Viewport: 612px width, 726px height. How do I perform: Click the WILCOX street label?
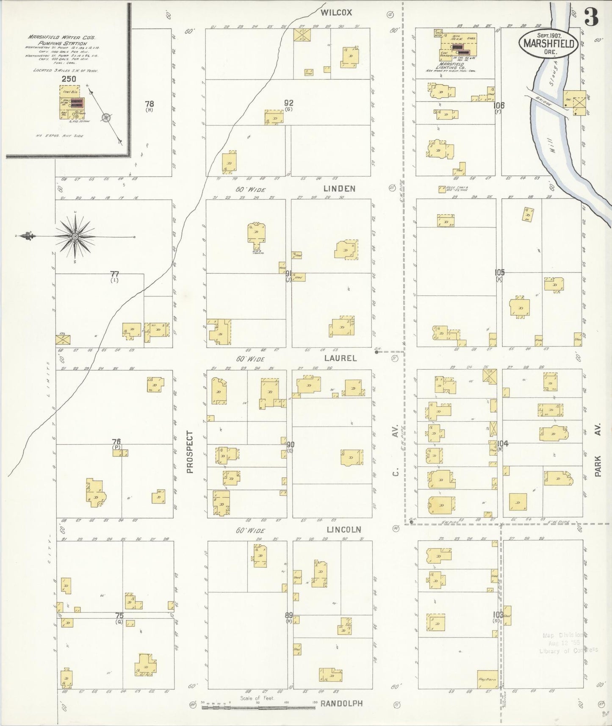(336, 13)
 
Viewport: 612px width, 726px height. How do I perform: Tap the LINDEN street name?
(339, 189)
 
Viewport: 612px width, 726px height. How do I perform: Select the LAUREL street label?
(340, 358)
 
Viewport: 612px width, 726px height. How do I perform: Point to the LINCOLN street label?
(343, 530)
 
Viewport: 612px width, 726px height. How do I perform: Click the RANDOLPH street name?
(341, 704)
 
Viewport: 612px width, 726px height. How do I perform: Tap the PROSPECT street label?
(190, 452)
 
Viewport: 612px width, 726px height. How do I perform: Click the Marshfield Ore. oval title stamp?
(548, 43)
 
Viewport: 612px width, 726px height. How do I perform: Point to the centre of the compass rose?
(75, 236)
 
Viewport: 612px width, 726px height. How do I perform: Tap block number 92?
(289, 103)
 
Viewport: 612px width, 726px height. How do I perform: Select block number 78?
(149, 104)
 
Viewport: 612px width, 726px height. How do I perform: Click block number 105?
(500, 273)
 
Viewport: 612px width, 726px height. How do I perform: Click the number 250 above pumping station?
(69, 79)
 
